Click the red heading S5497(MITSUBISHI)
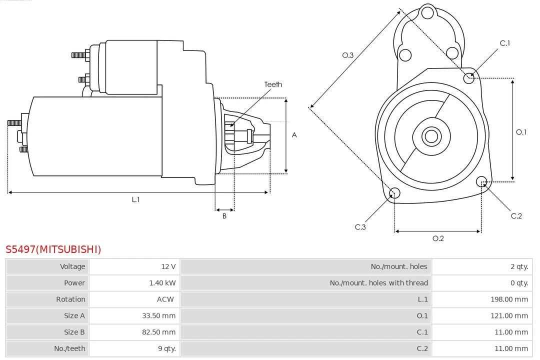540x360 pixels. (x=53, y=249)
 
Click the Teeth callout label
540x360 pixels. (x=273, y=84)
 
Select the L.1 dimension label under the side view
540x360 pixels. (x=135, y=199)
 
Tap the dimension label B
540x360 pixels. (x=224, y=216)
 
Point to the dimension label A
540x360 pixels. (x=294, y=135)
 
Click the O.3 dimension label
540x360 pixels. (x=348, y=55)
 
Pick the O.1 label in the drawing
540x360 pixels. (x=521, y=132)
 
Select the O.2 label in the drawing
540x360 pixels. (x=438, y=238)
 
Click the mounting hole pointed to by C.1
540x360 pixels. (x=469, y=77)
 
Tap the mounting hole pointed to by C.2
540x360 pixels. (x=481, y=181)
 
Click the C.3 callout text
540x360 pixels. (x=360, y=227)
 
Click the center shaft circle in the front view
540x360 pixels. (x=430, y=136)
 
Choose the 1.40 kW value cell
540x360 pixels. (x=162, y=283)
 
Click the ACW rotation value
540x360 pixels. (x=165, y=299)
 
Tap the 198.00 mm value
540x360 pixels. (x=509, y=299)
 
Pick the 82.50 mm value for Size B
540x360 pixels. (x=160, y=332)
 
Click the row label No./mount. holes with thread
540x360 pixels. (x=378, y=283)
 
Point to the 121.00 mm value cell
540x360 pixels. (x=509, y=315)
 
